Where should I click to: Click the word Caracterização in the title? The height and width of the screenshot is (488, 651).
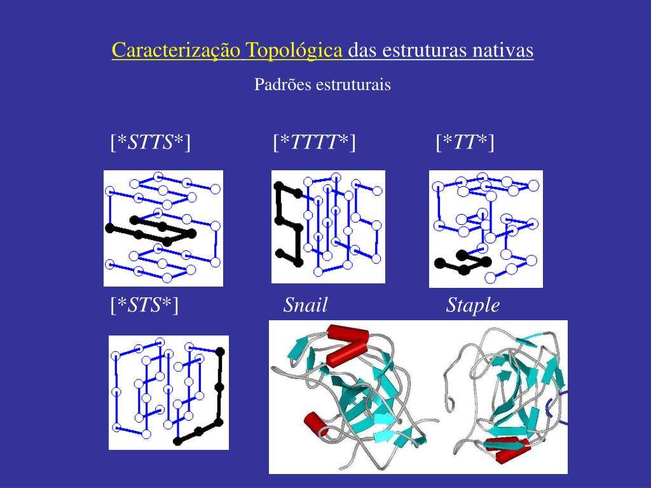176,51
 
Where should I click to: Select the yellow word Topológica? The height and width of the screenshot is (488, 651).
294,51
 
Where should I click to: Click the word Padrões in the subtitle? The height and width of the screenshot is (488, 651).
283,85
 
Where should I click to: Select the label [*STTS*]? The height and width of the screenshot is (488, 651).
151,142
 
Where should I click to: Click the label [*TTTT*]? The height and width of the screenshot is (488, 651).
314,142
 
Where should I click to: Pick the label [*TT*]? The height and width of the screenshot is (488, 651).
465,142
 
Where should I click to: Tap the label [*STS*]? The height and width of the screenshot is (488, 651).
144,305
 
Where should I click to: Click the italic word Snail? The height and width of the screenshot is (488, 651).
306,305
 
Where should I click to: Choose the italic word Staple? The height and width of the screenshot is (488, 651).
473,306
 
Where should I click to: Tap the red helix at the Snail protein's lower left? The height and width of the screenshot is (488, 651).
317,424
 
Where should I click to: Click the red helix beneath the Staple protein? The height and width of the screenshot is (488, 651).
507,448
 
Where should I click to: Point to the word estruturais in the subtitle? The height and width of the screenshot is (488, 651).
353,85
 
